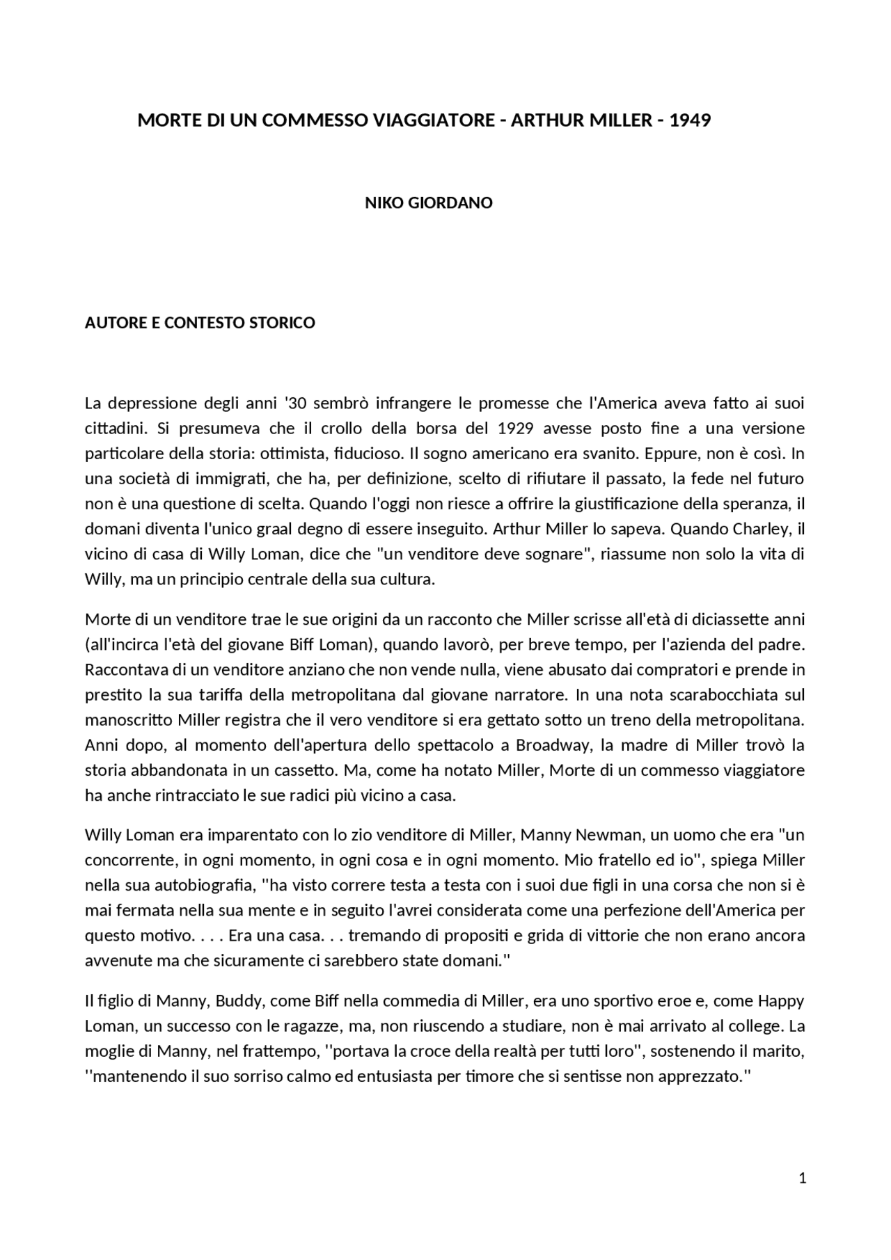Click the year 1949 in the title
(x=690, y=120)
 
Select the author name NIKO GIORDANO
(x=429, y=203)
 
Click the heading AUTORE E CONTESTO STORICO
(x=200, y=323)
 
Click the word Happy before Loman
(x=781, y=1001)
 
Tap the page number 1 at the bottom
(x=803, y=1178)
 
